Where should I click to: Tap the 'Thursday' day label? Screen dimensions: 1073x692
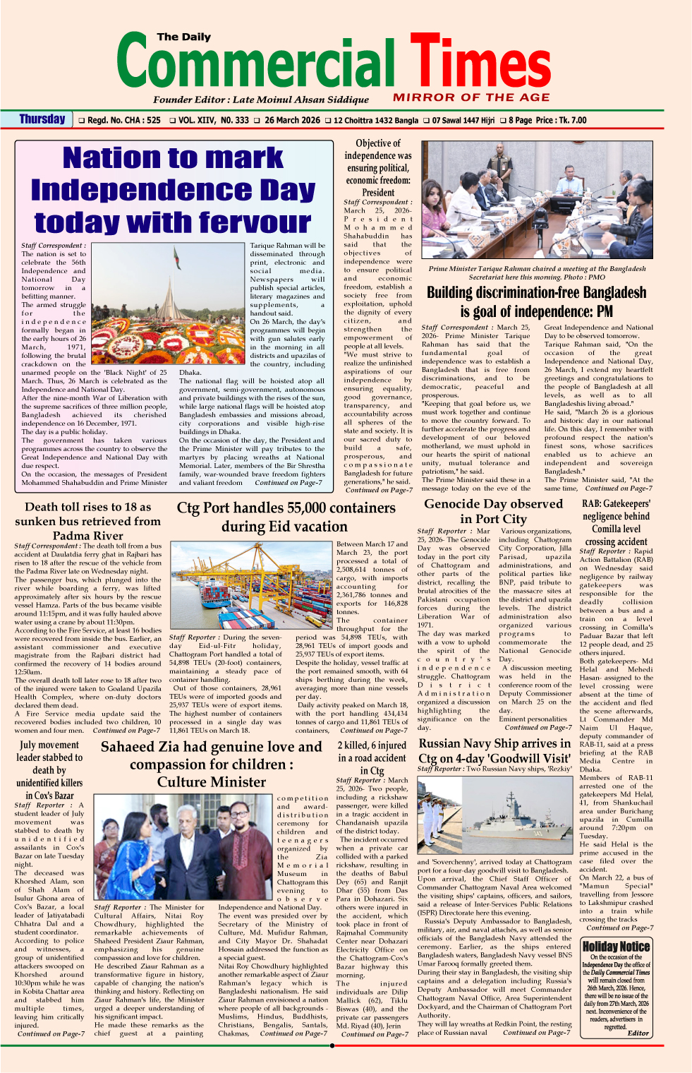42,119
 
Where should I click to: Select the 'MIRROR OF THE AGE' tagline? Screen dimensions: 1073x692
471,97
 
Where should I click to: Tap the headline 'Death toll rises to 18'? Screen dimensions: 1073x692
88,521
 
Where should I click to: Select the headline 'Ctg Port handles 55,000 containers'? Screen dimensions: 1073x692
286,517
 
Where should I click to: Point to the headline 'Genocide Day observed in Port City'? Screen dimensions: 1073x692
494,511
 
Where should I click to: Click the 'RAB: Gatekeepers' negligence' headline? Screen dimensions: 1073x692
616,522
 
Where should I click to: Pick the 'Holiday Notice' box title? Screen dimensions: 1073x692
616,947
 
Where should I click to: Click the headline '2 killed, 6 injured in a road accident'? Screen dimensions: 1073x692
372,757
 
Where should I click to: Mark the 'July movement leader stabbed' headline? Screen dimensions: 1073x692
49,769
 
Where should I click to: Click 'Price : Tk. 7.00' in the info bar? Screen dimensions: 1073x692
562,120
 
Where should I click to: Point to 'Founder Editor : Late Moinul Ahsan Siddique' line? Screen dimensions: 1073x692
261,100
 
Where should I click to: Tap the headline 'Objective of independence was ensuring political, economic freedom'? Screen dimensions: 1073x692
378,167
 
